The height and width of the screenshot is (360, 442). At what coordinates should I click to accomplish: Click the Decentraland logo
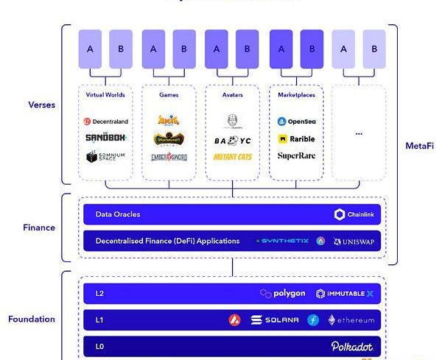point(105,121)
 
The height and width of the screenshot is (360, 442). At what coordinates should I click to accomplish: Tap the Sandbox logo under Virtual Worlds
point(105,138)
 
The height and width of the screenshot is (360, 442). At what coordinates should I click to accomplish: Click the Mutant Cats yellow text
point(232,157)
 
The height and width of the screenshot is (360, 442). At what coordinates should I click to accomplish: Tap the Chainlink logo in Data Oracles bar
point(355,215)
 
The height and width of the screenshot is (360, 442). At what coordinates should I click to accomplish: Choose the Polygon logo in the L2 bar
point(283,294)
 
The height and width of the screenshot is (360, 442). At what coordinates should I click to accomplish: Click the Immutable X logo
point(345,294)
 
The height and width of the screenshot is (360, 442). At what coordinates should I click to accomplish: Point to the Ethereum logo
point(351,320)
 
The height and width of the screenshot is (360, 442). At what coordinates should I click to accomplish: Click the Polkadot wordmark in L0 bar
point(351,346)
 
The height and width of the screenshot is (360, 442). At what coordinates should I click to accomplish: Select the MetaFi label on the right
point(419,146)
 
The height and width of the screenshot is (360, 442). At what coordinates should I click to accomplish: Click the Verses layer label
point(42,105)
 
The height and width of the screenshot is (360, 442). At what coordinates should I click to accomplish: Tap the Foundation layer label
point(32,320)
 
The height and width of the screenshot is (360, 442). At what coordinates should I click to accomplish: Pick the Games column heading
point(169,95)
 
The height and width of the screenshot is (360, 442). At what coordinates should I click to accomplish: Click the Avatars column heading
point(232,95)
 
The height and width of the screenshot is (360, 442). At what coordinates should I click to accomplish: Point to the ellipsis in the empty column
point(359,133)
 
